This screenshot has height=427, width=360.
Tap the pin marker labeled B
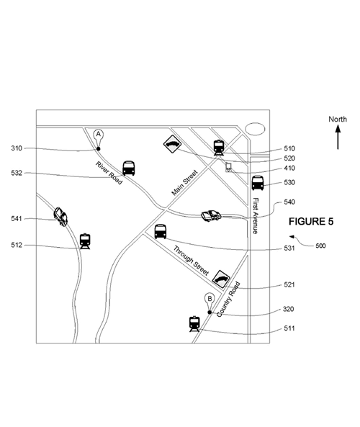[x=210, y=304]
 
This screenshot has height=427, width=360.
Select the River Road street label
[x=109, y=173]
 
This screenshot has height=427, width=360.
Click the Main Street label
[x=184, y=182]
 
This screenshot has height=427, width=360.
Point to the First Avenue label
[x=256, y=215]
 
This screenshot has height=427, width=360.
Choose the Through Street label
[x=192, y=261]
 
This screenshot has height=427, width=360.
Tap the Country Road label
[x=228, y=299]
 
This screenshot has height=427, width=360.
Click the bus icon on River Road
[x=129, y=168]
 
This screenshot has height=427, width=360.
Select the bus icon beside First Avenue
[x=257, y=183]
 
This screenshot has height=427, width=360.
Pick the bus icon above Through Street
[x=161, y=231]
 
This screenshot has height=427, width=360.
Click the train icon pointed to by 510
[x=219, y=148]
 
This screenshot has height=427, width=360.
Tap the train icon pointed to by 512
[x=85, y=241]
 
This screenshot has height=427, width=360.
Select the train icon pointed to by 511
[x=194, y=324]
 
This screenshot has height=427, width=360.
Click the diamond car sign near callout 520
[x=172, y=144]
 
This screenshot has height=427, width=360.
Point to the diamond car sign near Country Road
[x=221, y=279]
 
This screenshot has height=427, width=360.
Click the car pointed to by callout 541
[x=60, y=217]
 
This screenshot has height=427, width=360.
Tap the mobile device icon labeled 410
[x=228, y=167]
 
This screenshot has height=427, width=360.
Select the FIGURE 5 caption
[x=311, y=221]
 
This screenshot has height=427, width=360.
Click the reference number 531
[x=289, y=248]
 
